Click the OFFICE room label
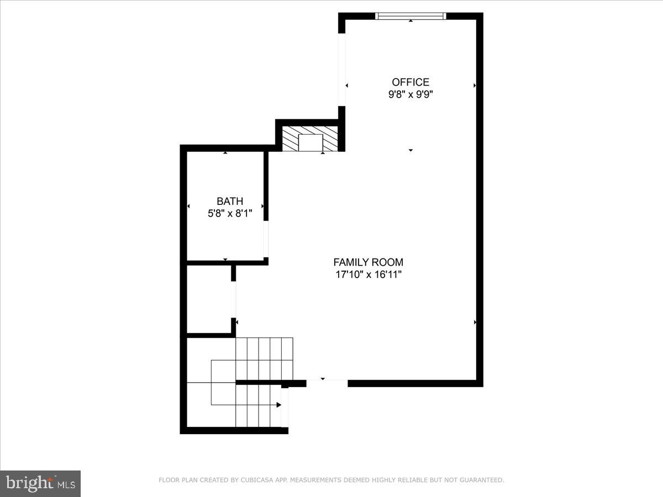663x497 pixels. click(x=411, y=82)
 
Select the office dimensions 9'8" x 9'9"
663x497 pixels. click(x=411, y=94)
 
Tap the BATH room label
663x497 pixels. click(x=230, y=202)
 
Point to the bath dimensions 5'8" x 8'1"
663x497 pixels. click(x=230, y=214)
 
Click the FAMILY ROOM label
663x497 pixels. click(x=368, y=262)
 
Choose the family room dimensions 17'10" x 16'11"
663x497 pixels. click(x=368, y=274)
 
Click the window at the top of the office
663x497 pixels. click(x=411, y=16)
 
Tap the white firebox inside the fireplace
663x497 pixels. click(x=311, y=142)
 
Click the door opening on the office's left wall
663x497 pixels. click(x=342, y=69)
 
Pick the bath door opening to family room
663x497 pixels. click(x=266, y=239)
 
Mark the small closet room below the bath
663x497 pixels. click(x=209, y=299)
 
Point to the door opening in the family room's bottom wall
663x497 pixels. click(x=327, y=383)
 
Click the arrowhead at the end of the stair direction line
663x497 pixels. click(x=279, y=405)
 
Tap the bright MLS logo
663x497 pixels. click(x=40, y=483)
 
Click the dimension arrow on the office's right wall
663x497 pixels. click(x=475, y=86)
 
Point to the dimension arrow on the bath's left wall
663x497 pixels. click(x=189, y=206)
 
